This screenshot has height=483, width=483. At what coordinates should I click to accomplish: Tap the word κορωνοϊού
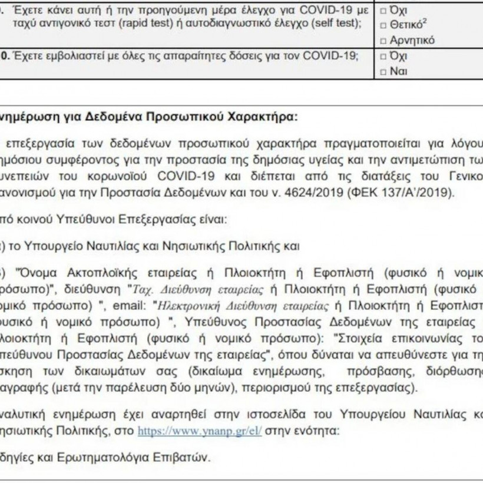tap(128, 175)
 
